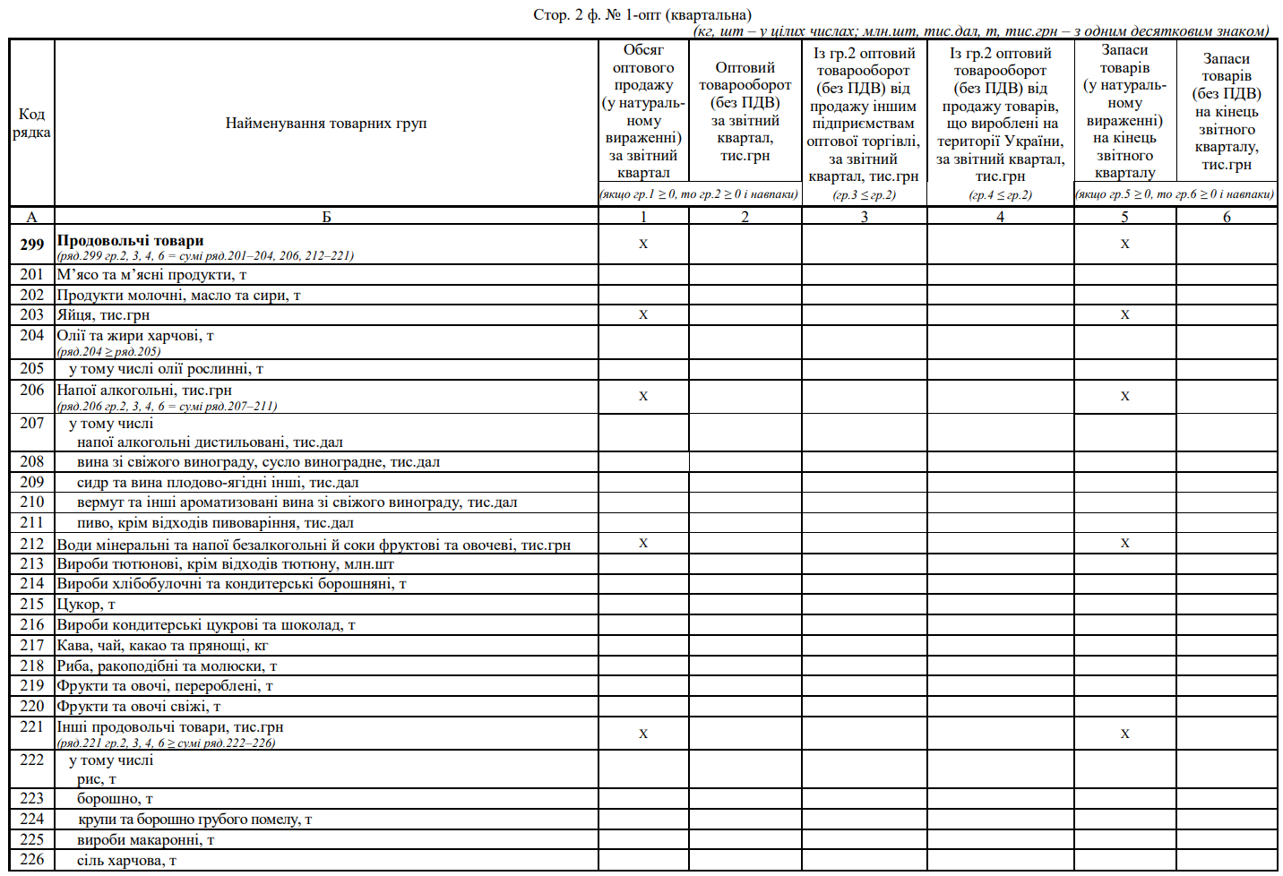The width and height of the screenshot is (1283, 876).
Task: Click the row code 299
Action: pyautogui.click(x=32, y=245)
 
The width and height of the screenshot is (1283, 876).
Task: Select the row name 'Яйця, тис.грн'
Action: pyautogui.click(x=103, y=315)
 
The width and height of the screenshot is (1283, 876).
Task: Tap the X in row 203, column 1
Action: pyautogui.click(x=643, y=315)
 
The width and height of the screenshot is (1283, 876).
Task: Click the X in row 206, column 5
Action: pyautogui.click(x=1124, y=397)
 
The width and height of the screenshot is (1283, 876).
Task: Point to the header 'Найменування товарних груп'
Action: pyautogui.click(x=326, y=124)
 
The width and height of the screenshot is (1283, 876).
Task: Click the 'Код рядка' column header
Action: pyautogui.click(x=32, y=124)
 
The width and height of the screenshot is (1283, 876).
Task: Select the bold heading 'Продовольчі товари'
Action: pyautogui.click(x=130, y=241)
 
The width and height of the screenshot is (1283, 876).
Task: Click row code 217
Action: pyautogui.click(x=32, y=646)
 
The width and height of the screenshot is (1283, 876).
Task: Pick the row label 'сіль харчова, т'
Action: pyautogui.click(x=126, y=861)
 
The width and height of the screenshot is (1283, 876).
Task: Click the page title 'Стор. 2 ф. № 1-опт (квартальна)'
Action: pyautogui.click(x=642, y=15)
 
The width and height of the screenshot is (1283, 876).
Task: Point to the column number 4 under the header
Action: pyautogui.click(x=1000, y=217)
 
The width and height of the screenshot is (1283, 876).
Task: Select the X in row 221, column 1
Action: pyautogui.click(x=643, y=734)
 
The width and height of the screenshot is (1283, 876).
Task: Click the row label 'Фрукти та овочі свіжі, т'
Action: pyautogui.click(x=138, y=707)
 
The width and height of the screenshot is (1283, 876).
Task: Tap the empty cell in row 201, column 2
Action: pyautogui.click(x=745, y=275)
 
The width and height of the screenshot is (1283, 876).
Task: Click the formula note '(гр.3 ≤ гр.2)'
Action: pyautogui.click(x=864, y=194)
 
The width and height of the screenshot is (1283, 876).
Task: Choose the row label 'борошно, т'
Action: pyautogui.click(x=115, y=799)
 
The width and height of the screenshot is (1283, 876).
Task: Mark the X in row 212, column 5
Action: pyautogui.click(x=1124, y=544)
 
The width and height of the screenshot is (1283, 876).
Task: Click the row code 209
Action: pyautogui.click(x=32, y=483)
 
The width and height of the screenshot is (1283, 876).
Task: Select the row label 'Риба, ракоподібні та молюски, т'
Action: pyautogui.click(x=167, y=666)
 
